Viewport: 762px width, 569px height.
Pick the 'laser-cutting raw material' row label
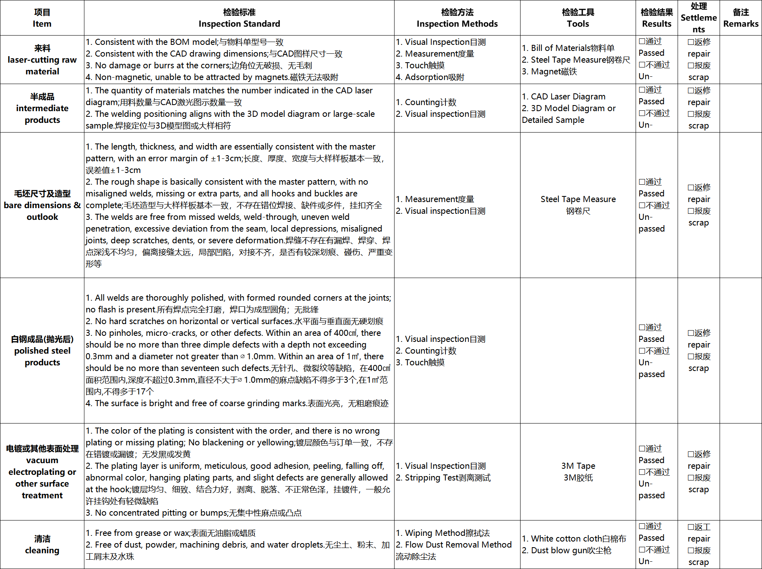(x=42, y=60)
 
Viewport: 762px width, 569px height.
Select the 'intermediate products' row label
(x=42, y=108)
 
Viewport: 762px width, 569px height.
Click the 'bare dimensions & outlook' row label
(x=42, y=205)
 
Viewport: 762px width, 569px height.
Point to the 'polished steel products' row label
(x=42, y=351)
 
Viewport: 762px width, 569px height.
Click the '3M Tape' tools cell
(x=578, y=466)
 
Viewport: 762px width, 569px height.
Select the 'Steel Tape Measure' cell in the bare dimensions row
(x=578, y=199)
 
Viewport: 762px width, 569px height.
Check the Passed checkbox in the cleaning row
(x=642, y=527)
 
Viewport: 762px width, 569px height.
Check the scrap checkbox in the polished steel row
(x=691, y=357)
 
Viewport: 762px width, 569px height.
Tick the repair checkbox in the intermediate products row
(x=691, y=91)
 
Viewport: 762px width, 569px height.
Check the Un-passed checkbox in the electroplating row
(x=642, y=472)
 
